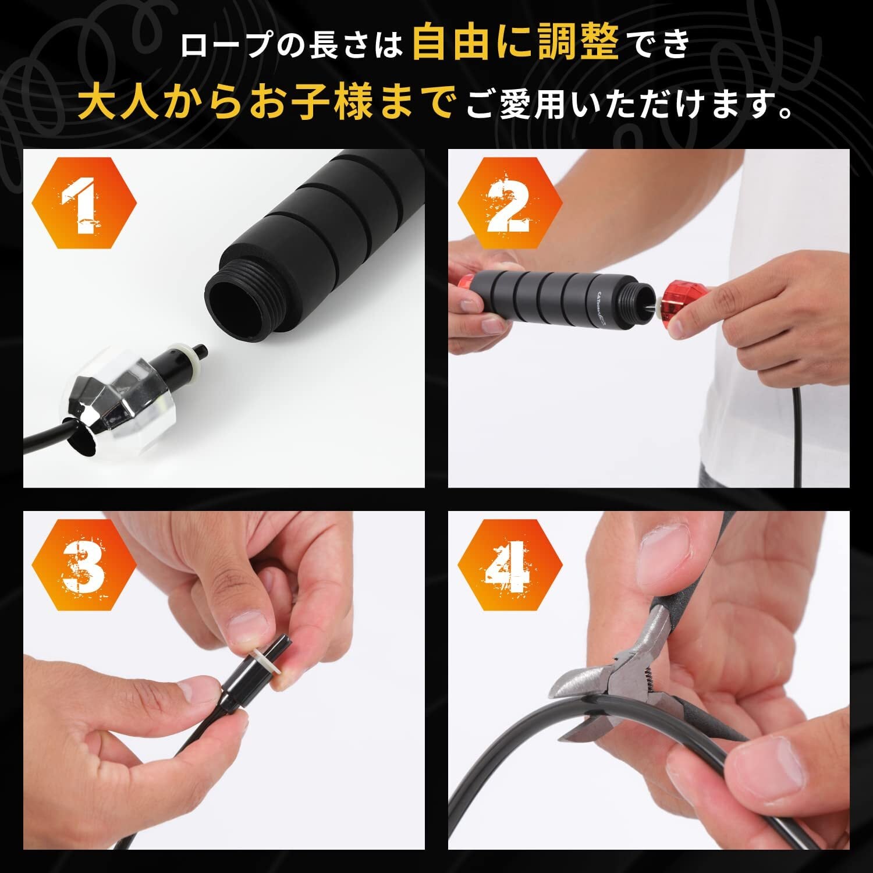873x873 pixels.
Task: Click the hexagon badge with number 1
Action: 84,203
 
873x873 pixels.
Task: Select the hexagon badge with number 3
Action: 84,565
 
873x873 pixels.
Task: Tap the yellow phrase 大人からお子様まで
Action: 265,101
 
